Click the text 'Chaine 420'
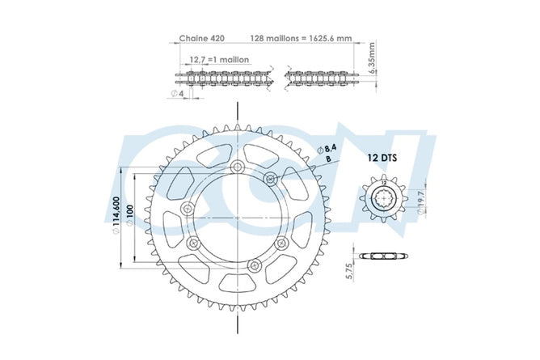202,38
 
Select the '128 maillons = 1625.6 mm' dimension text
301,38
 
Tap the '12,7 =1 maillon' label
219,60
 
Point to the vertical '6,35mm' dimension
372,57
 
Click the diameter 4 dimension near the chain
178,93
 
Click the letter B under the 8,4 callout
328,159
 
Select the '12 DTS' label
382,158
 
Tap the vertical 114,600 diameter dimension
116,216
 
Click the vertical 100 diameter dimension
130,216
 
